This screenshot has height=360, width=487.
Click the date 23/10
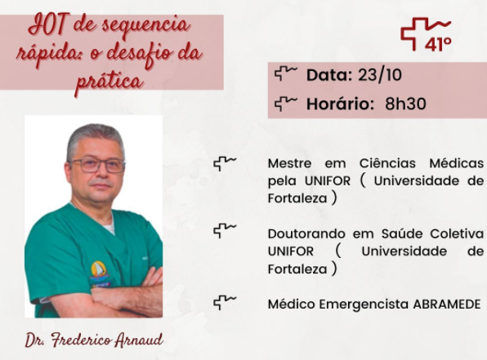click(380, 75)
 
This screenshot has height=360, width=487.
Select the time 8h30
click(405, 104)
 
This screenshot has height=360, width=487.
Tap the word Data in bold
click(329, 75)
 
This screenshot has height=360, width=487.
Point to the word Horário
click(340, 104)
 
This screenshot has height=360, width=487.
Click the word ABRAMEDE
click(447, 304)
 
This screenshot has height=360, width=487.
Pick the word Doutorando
click(306, 233)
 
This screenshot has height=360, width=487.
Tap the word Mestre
click(289, 163)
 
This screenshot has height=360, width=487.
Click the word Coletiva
click(457, 233)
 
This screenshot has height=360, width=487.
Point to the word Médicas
click(456, 163)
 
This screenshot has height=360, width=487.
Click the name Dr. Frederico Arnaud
click(94, 340)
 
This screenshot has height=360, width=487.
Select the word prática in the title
click(109, 82)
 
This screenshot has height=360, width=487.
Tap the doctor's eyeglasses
click(97, 165)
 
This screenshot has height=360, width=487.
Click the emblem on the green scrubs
click(99, 273)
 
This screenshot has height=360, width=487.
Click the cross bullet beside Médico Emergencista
click(225, 302)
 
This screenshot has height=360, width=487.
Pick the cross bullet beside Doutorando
click(225, 231)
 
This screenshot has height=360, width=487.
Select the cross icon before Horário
click(286, 104)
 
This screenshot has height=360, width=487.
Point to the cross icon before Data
click(286, 73)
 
